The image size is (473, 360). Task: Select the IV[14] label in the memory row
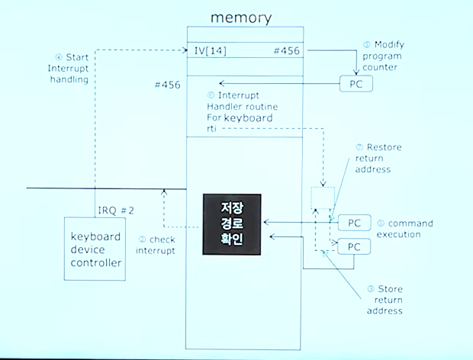point(210,51)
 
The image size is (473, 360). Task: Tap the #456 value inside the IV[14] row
point(286,51)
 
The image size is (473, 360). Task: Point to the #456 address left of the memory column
point(166,85)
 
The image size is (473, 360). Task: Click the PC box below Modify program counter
point(356,84)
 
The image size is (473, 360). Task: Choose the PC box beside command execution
point(354,223)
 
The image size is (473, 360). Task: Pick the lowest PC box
point(354,247)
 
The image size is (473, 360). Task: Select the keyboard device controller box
point(95,250)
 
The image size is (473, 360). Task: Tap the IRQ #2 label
point(117,210)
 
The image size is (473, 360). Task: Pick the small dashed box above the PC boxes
point(323,198)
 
